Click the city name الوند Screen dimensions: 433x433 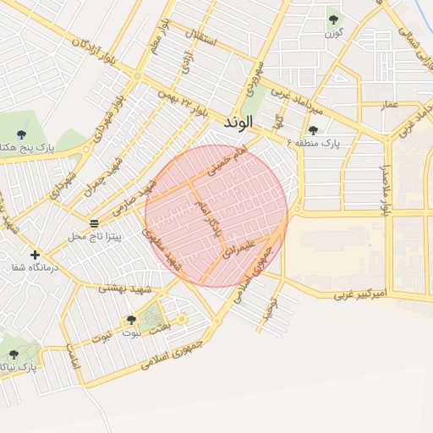pos(239,123)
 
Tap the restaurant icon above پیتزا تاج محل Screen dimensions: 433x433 pos(94,223)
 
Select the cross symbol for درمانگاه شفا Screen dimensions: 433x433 pos(35,254)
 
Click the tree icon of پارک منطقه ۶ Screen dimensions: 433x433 pos(314,130)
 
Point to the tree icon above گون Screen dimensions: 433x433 pos(332,19)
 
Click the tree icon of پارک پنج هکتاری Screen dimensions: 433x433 pos(21,134)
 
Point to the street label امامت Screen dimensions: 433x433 pos(74,363)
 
